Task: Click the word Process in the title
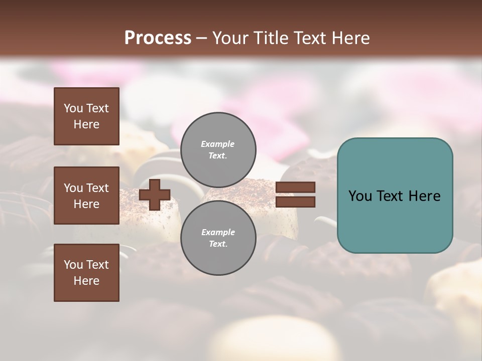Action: [158, 38]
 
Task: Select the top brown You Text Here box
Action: [86, 116]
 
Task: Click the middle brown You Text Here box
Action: [86, 196]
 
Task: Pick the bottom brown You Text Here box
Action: [86, 273]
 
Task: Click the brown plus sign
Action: [155, 195]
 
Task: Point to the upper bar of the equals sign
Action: [295, 187]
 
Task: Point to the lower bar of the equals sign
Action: [295, 202]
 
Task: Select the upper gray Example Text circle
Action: [218, 149]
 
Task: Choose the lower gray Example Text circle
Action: [218, 238]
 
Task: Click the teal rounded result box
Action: [395, 196]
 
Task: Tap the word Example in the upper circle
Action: [218, 144]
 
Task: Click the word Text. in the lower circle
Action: [218, 244]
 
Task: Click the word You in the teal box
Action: [360, 196]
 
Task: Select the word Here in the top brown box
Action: [86, 124]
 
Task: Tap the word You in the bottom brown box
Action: [73, 265]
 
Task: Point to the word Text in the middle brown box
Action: [97, 188]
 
